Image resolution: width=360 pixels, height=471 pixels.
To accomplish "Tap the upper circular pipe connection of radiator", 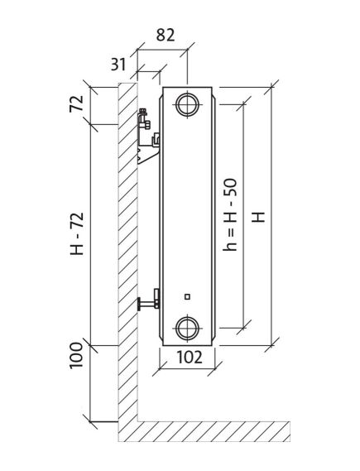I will [187, 105].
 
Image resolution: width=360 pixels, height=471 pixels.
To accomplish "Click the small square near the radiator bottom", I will [188, 296].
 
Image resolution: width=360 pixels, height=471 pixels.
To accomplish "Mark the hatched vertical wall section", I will [125, 248].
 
